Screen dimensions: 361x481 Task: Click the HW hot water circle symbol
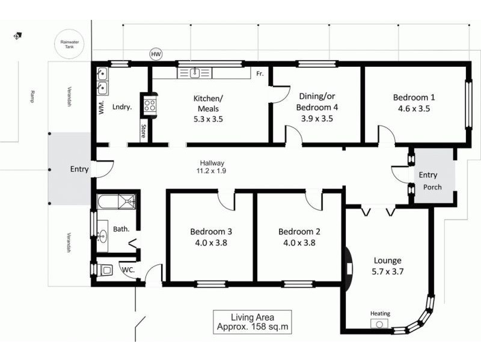pyautogui.click(x=156, y=55)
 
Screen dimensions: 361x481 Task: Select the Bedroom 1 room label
pyautogui.click(x=414, y=97)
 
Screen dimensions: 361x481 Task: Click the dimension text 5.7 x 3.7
pyautogui.click(x=387, y=271)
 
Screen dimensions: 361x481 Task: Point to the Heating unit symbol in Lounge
pyautogui.click(x=380, y=323)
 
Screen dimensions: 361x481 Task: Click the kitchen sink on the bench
pyautogui.click(x=195, y=73)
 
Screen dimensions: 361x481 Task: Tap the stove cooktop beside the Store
pyautogui.click(x=149, y=106)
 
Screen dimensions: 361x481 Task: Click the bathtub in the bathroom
pyautogui.click(x=117, y=201)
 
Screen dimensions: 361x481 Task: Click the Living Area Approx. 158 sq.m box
pyautogui.click(x=253, y=322)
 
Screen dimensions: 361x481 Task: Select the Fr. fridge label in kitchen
pyautogui.click(x=260, y=73)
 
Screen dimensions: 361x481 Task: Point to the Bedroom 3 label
pyautogui.click(x=211, y=232)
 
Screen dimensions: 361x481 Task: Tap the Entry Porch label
pyautogui.click(x=430, y=180)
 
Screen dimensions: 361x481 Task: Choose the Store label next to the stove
pyautogui.click(x=143, y=131)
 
